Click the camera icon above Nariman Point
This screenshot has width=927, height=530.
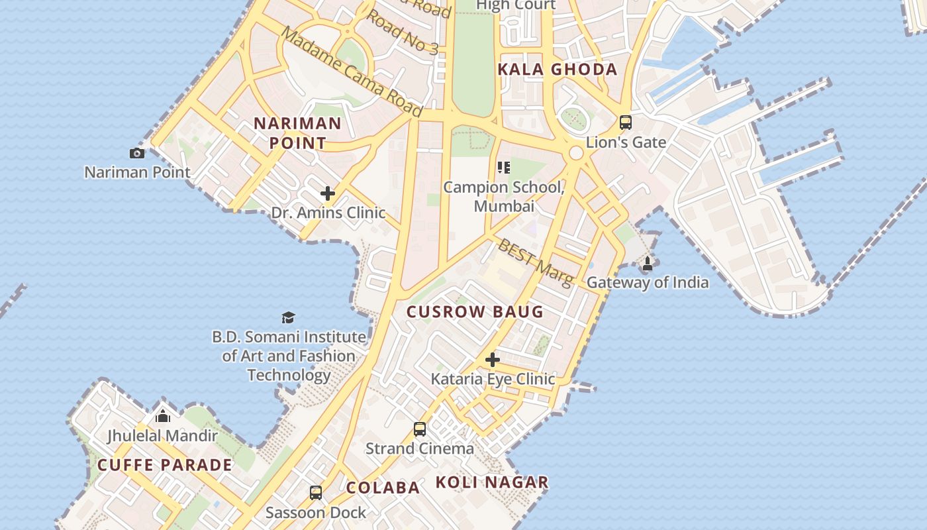[137, 153]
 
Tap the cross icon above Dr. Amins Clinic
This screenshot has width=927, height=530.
[328, 193]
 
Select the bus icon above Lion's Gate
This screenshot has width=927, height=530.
[626, 123]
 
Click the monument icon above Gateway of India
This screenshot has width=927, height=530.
[648, 264]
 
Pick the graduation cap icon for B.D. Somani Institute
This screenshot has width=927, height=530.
[288, 317]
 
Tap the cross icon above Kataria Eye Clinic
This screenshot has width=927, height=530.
[493, 360]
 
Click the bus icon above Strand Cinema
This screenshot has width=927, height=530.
[420, 429]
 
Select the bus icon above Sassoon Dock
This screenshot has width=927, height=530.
[316, 493]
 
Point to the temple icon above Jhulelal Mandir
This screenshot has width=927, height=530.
[162, 415]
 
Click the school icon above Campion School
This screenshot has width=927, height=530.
[504, 168]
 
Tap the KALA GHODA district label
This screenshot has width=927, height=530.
[558, 69]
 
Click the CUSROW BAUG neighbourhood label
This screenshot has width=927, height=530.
[475, 311]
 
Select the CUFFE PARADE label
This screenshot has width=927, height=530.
[165, 464]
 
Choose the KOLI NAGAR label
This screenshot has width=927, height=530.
[492, 482]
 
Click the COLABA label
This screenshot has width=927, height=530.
[383, 488]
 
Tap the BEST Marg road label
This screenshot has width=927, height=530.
[535, 263]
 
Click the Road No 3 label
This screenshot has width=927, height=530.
[403, 32]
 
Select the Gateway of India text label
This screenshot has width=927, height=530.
[648, 282]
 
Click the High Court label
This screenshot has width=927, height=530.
[516, 5]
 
